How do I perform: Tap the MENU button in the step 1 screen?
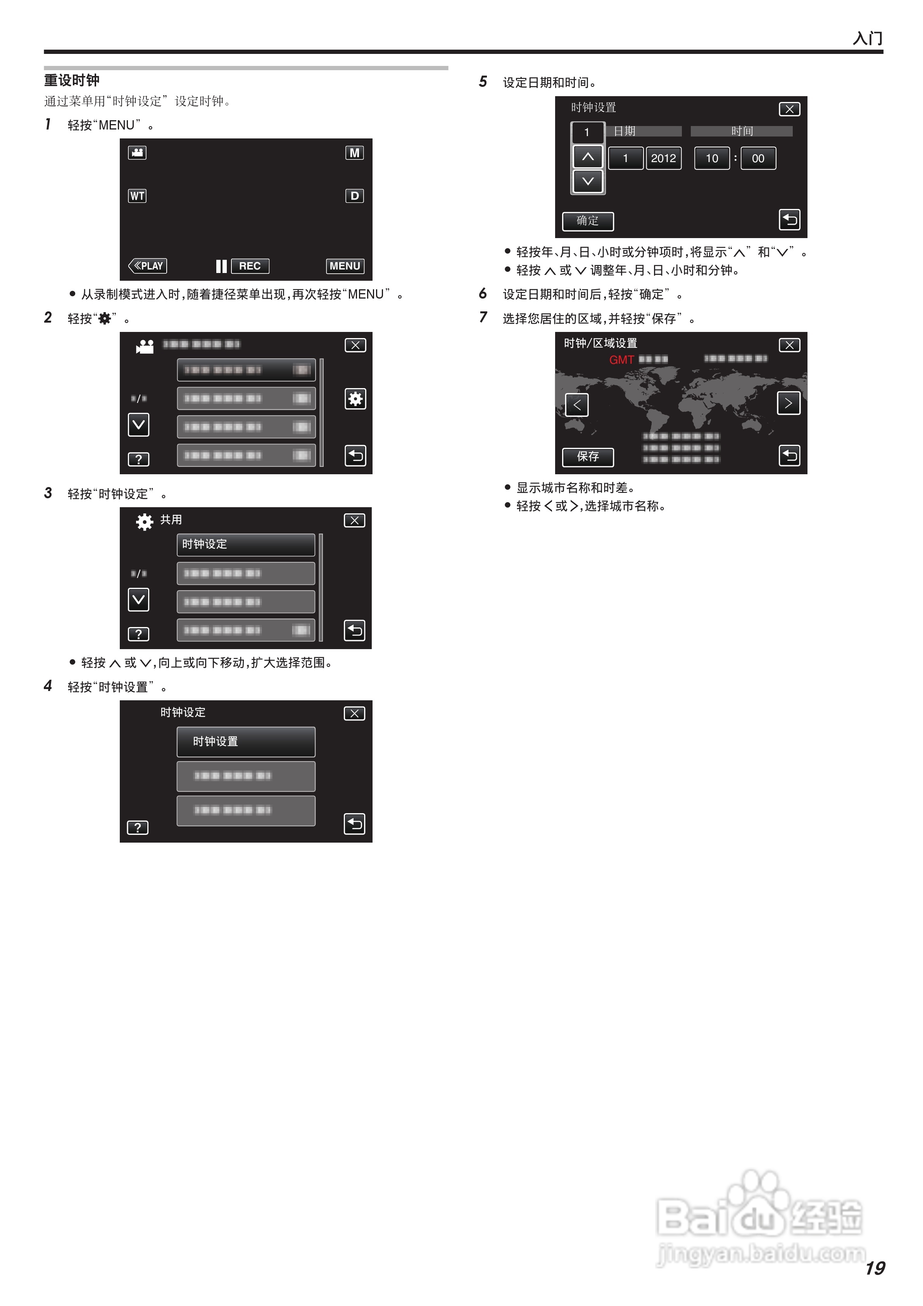[x=345, y=266]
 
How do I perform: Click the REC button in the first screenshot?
[x=250, y=266]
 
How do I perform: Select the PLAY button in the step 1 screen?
[x=148, y=266]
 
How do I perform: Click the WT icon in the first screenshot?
[x=137, y=196]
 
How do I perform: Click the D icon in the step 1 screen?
[x=354, y=196]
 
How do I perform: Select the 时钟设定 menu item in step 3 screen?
[x=246, y=544]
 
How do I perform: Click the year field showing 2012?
[x=663, y=159]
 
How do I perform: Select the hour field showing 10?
[x=711, y=159]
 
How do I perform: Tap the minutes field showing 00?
[x=758, y=159]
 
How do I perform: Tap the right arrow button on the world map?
[x=788, y=403]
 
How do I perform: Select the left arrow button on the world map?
[x=577, y=404]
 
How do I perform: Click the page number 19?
[x=875, y=1268]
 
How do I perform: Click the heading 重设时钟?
[x=72, y=80]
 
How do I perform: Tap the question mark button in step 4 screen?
[x=138, y=827]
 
